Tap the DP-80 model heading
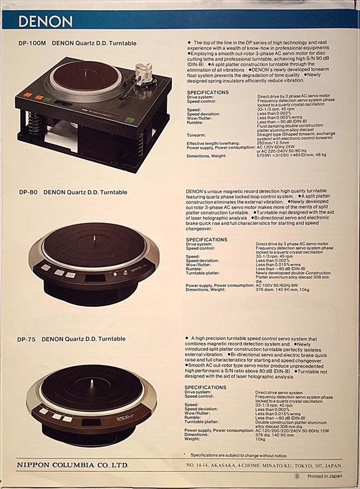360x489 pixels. tap(76, 192)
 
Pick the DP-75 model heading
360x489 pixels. tap(72, 339)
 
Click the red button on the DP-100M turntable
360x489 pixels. tap(40, 97)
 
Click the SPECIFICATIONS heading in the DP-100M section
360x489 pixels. tap(208, 92)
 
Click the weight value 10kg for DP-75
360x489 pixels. tap(260, 438)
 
